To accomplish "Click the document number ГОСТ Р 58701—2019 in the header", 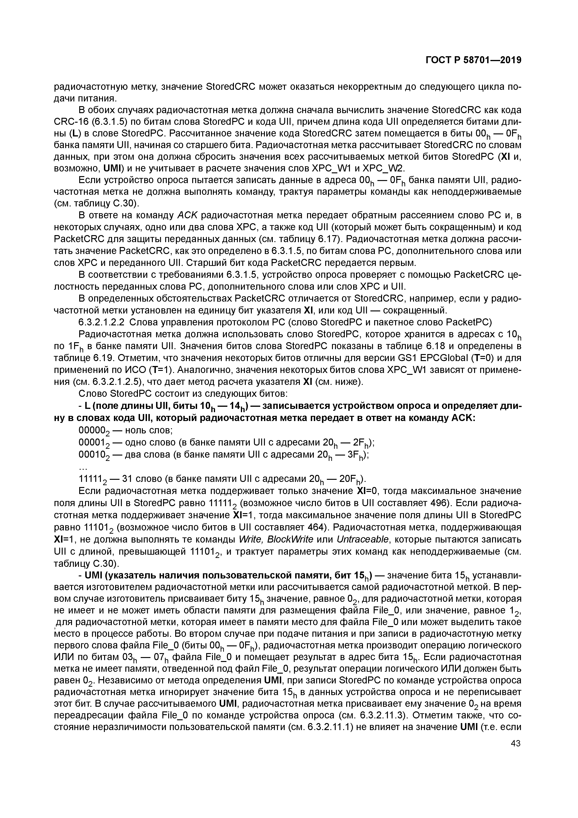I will coord(473,60).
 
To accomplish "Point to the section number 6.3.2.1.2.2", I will coord(101,322).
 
